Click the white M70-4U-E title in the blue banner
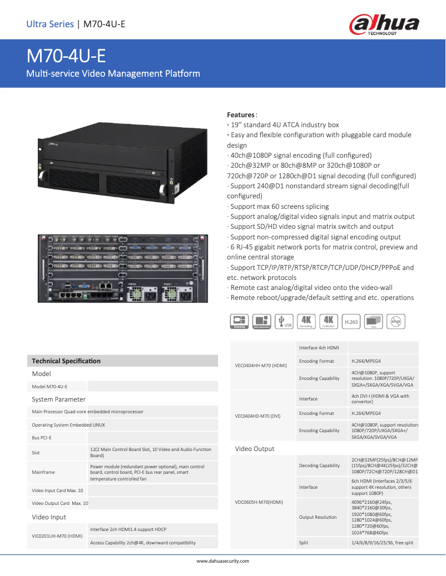pyautogui.click(x=66, y=57)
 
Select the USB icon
pyautogui.click(x=284, y=321)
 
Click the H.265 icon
pyautogui.click(x=351, y=321)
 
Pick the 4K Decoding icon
pyautogui.click(x=306, y=321)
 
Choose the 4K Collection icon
pyautogui.click(x=329, y=321)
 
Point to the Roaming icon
pyautogui.click(x=239, y=321)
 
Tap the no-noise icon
pyautogui.click(x=396, y=321)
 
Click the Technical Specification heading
pyautogui.click(x=66, y=361)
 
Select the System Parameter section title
pyautogui.click(x=59, y=399)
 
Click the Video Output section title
pyautogui.click(x=255, y=449)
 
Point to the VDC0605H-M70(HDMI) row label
pyautogui.click(x=259, y=502)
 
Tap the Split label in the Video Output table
pyautogui.click(x=304, y=543)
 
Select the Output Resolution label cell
pyautogui.click(x=318, y=517)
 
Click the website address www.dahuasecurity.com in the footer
pyautogui.click(x=223, y=561)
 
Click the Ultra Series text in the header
pyautogui.click(x=50, y=24)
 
